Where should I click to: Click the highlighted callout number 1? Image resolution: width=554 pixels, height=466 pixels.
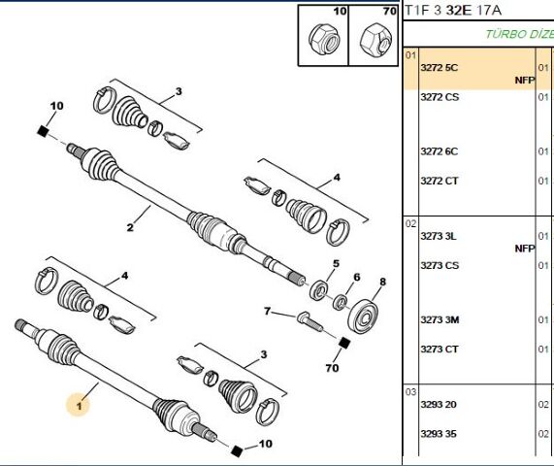(79, 406)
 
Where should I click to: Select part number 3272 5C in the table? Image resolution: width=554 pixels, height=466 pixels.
(439, 68)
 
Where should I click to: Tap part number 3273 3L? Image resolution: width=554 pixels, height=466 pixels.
(439, 236)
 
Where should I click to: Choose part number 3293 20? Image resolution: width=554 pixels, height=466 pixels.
(439, 404)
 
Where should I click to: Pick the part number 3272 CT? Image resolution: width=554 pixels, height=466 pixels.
(440, 181)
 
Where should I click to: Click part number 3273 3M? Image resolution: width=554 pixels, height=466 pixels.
(440, 319)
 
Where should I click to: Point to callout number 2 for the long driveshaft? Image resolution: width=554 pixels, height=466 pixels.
(130, 227)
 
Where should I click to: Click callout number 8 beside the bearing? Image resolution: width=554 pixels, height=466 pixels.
(382, 282)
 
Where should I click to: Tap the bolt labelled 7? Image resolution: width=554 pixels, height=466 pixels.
(310, 321)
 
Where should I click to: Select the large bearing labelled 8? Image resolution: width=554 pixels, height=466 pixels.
(363, 316)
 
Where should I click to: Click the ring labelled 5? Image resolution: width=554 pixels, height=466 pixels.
(318, 290)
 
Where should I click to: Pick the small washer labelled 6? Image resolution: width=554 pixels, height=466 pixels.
(340, 302)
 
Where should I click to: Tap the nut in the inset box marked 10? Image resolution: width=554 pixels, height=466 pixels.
(324, 39)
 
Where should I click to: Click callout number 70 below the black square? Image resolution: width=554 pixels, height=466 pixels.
(332, 368)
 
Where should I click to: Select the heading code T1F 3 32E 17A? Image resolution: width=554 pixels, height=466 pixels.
(452, 11)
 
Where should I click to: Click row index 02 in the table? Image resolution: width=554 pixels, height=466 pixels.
(411, 224)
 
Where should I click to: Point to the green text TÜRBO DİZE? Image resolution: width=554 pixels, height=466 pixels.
(519, 34)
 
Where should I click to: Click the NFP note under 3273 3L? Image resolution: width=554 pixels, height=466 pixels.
(525, 249)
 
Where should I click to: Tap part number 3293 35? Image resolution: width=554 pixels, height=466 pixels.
(439, 433)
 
